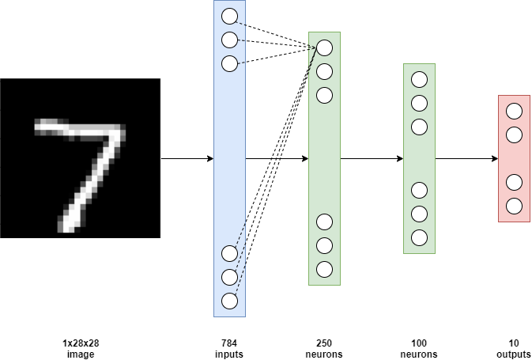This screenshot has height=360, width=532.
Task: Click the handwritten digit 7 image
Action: point(80,158)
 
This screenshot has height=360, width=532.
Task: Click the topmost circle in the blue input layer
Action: point(229,16)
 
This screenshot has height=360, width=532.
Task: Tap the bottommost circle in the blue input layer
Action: point(229,301)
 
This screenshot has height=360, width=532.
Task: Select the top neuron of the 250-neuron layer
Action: point(324,47)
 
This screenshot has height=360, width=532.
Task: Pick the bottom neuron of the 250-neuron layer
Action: point(324,269)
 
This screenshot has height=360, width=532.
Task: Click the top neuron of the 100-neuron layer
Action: point(419,79)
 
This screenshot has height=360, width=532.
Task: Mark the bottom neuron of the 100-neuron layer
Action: point(419,237)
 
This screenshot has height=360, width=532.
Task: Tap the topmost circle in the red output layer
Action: point(514,111)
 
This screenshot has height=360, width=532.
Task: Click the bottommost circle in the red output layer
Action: point(514,206)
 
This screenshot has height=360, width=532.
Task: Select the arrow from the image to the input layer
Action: point(187,158)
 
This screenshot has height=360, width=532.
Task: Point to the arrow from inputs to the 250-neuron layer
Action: point(277,158)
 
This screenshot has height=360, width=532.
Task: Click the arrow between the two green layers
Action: point(372,158)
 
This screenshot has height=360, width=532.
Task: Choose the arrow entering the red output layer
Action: point(466,158)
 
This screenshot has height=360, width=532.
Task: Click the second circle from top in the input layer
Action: point(229,40)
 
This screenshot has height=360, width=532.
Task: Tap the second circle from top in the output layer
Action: point(514,135)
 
